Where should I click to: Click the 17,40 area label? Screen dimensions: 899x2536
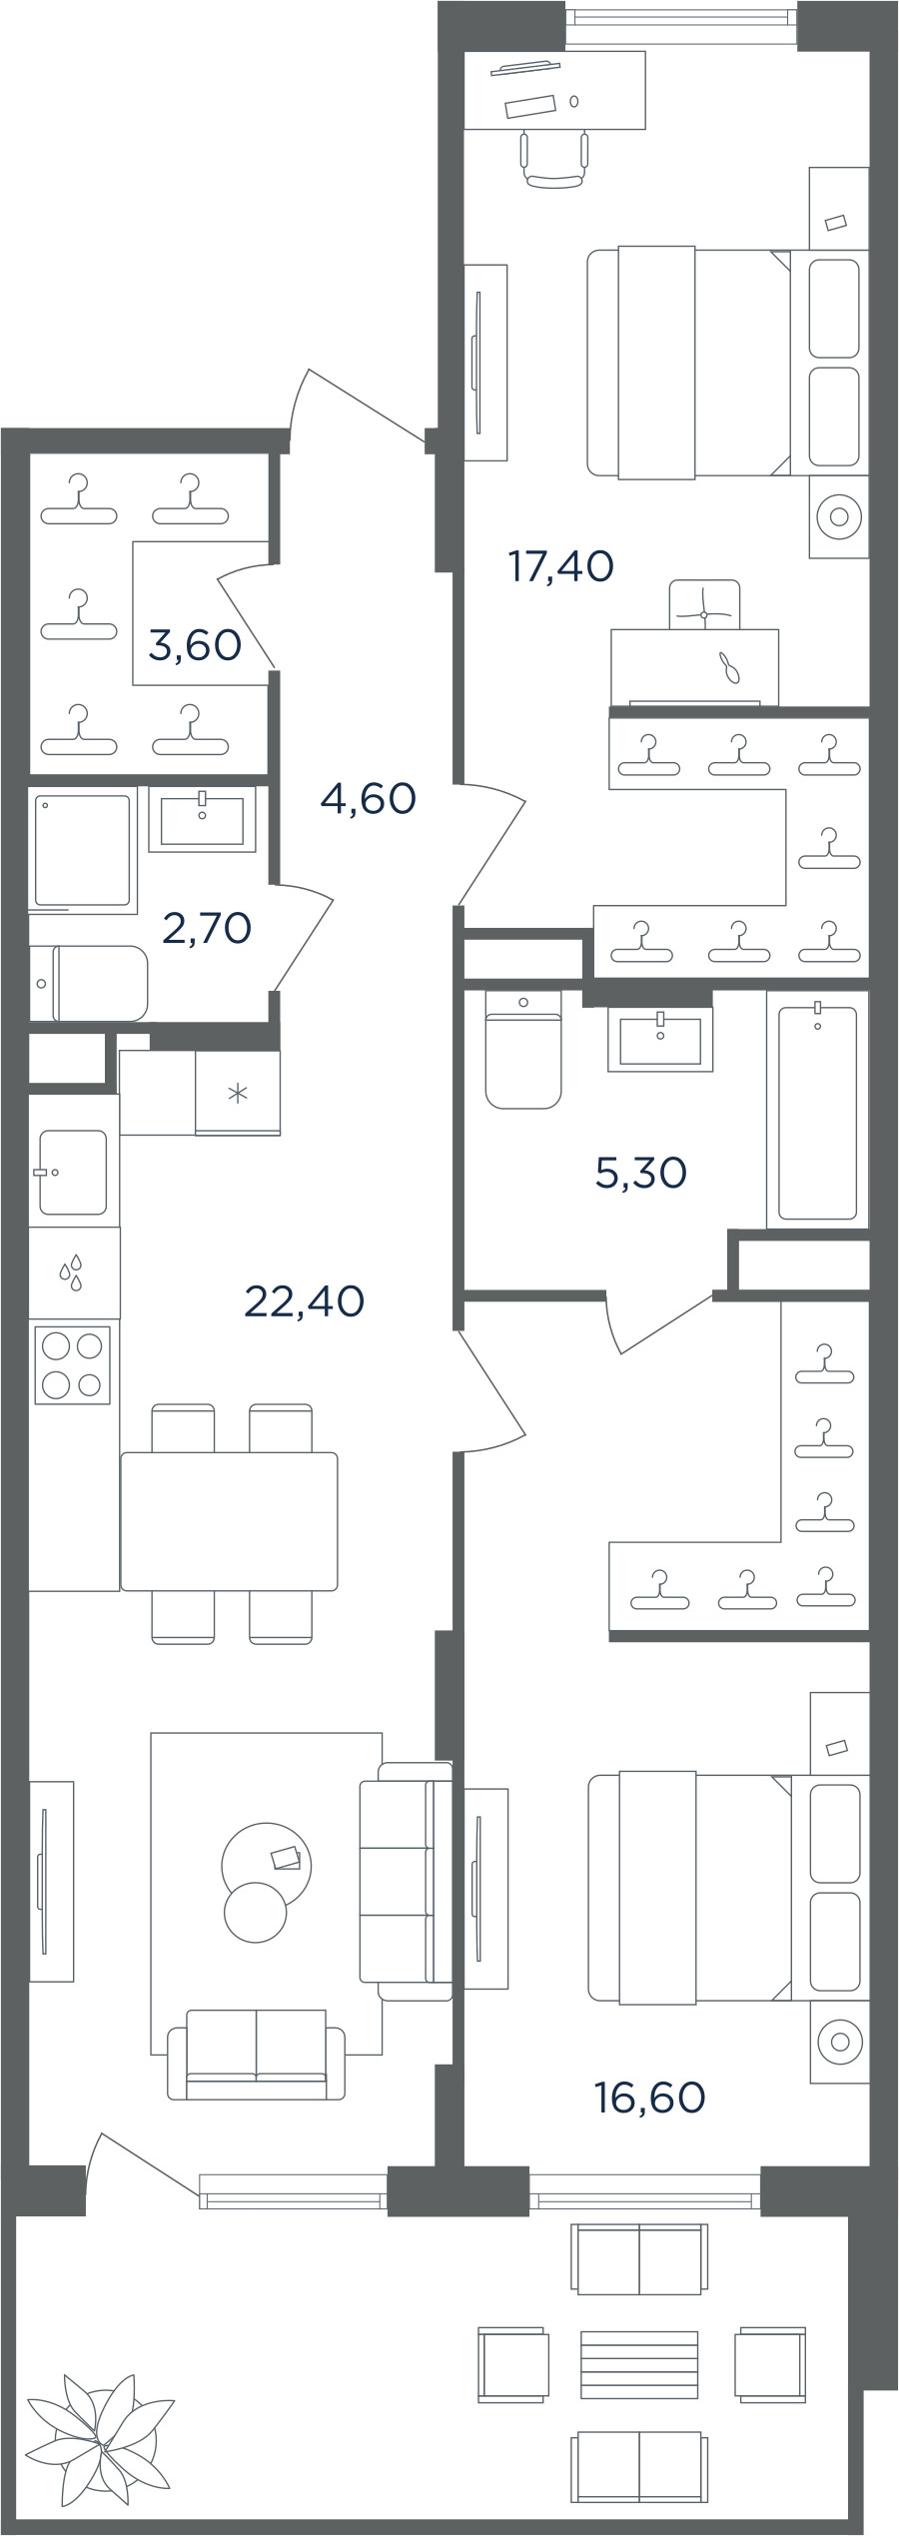(x=560, y=566)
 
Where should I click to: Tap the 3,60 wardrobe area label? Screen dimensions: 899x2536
(x=195, y=645)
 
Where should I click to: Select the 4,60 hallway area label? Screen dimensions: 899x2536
(x=368, y=798)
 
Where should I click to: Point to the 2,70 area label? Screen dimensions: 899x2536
(x=207, y=928)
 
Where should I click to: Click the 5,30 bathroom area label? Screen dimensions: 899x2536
(x=640, y=1173)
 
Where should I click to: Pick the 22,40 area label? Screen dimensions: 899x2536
(x=304, y=1301)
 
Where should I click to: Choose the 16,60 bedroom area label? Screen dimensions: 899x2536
(x=649, y=2098)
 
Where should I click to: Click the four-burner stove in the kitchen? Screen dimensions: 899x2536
(x=72, y=1365)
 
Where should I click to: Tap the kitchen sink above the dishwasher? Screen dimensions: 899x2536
(x=72, y=1172)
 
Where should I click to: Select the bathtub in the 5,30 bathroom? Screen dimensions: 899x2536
(x=817, y=1111)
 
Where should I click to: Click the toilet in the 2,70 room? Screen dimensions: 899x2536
(x=90, y=983)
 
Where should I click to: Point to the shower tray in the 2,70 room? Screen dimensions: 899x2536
(x=83, y=851)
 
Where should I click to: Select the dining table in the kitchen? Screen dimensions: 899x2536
(x=229, y=1521)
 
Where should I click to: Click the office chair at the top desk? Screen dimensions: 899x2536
(x=553, y=160)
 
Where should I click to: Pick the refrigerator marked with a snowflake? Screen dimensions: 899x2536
(x=238, y=1094)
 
